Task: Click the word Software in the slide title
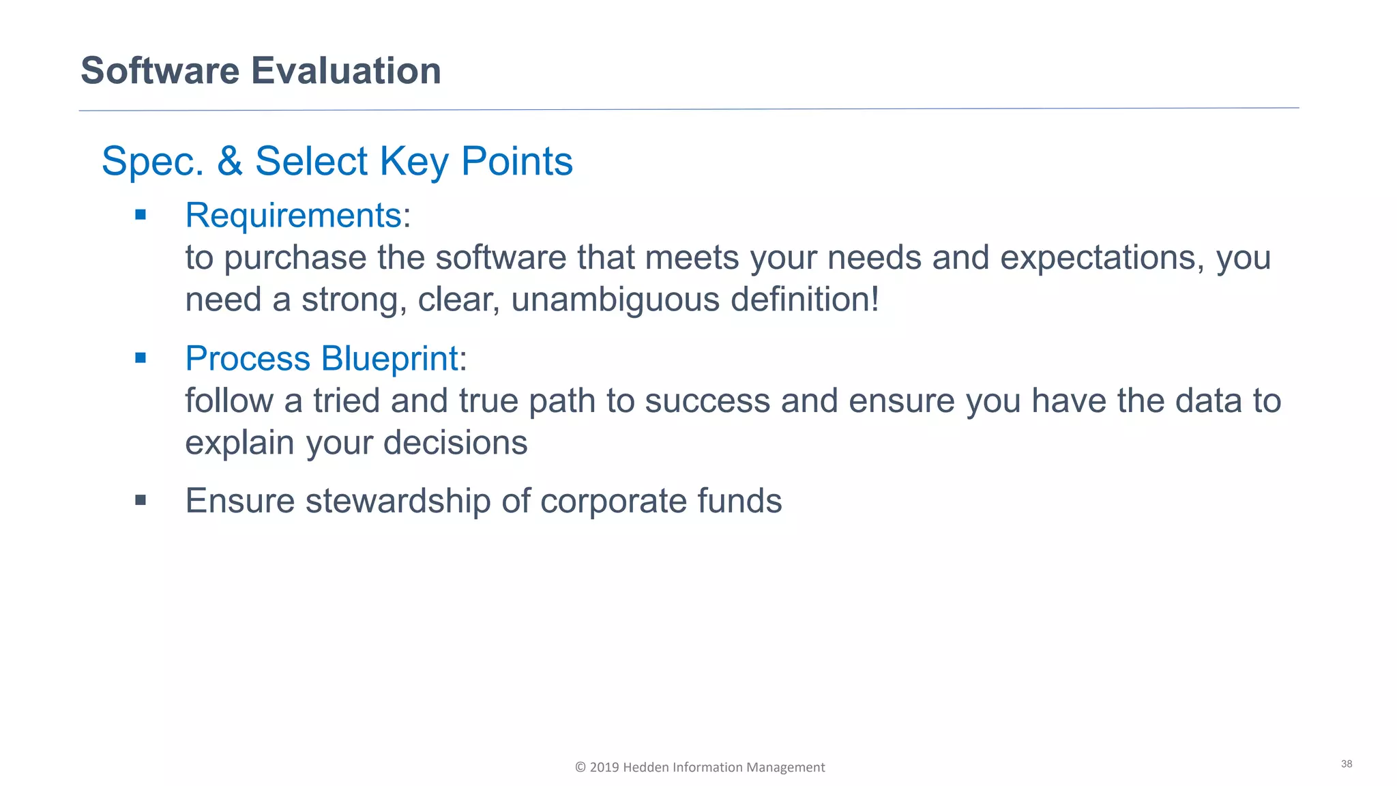pyautogui.click(x=160, y=71)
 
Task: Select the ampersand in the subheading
pyautogui.click(x=230, y=162)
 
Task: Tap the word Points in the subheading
pyautogui.click(x=516, y=162)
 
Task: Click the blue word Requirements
pyautogui.click(x=293, y=216)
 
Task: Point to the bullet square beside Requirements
pyautogui.click(x=141, y=216)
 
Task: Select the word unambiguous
pyautogui.click(x=615, y=300)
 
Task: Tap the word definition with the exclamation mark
pyautogui.click(x=805, y=300)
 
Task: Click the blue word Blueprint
pyautogui.click(x=389, y=359)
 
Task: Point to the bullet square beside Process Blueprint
pyautogui.click(x=141, y=358)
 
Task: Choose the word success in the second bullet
pyautogui.click(x=707, y=401)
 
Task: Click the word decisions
pyautogui.click(x=455, y=443)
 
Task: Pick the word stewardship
pyautogui.click(x=398, y=501)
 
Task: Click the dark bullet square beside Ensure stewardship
pyautogui.click(x=141, y=501)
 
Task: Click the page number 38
pyautogui.click(x=1346, y=764)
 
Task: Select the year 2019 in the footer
pyautogui.click(x=604, y=768)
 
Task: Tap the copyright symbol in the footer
pyautogui.click(x=580, y=768)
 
